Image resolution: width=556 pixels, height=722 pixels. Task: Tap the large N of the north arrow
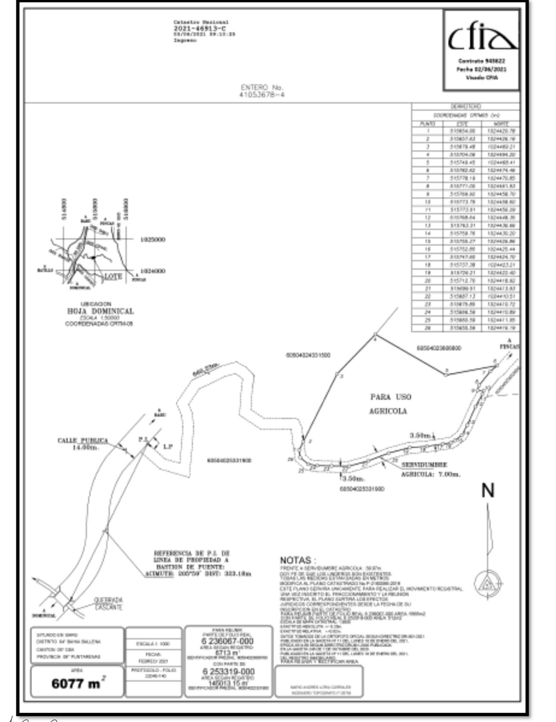click(x=488, y=491)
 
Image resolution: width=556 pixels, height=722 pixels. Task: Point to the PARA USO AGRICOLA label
click(x=390, y=404)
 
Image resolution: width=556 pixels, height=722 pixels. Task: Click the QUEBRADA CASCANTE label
click(x=109, y=604)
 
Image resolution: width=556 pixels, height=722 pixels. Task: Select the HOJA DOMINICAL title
click(x=100, y=311)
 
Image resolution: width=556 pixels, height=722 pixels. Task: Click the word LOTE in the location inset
click(x=113, y=276)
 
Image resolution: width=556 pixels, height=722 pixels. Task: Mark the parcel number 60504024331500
click(x=308, y=355)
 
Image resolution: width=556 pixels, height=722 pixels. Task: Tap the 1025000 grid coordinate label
click(x=153, y=240)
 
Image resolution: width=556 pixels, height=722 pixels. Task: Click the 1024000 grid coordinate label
click(x=153, y=271)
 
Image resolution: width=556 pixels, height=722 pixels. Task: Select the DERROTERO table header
click(x=466, y=107)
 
